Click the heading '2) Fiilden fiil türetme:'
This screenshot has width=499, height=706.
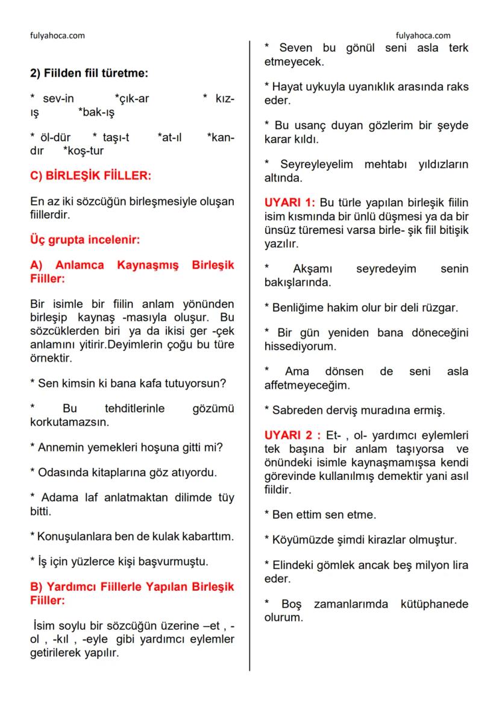coord(89,73)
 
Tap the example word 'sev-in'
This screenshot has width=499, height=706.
coord(58,99)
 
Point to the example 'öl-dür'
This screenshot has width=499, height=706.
coord(54,137)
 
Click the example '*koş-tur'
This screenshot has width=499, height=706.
coord(83,151)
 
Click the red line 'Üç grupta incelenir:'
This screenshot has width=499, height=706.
coord(85,239)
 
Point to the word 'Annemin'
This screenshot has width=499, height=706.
coord(58,447)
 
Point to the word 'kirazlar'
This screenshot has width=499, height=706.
coord(394,539)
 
